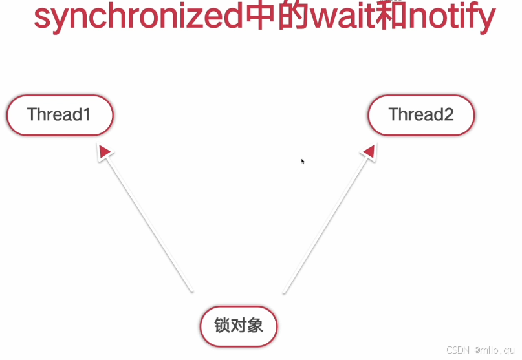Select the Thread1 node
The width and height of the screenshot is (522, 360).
coord(60,115)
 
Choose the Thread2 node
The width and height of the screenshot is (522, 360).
coord(421,115)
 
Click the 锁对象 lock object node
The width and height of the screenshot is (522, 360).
coord(239,325)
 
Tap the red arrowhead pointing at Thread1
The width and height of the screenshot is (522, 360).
coord(104,152)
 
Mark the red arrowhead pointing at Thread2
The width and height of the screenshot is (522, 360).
coord(369,152)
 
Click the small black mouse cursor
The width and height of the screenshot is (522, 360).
coord(303,161)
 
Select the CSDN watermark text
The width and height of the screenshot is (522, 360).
coord(457,349)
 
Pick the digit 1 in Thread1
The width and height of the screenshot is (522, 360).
coord(86,115)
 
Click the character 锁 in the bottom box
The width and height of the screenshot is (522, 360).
coord(223,325)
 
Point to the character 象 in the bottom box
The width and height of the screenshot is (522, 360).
coord(256,325)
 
